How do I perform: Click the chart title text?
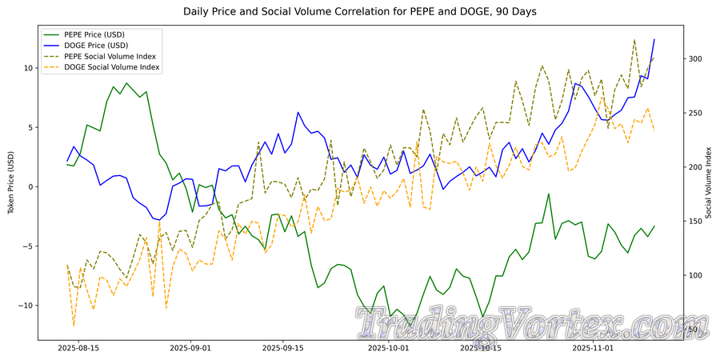click(360, 12)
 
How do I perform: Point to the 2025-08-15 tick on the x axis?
click(78, 349)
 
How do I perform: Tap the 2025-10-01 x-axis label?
click(386, 349)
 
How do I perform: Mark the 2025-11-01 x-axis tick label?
click(590, 349)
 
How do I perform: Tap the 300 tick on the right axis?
click(694, 59)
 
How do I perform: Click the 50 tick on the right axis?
click(692, 330)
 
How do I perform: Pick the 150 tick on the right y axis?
click(694, 222)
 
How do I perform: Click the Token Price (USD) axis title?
click(10, 184)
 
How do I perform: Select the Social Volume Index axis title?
click(709, 184)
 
